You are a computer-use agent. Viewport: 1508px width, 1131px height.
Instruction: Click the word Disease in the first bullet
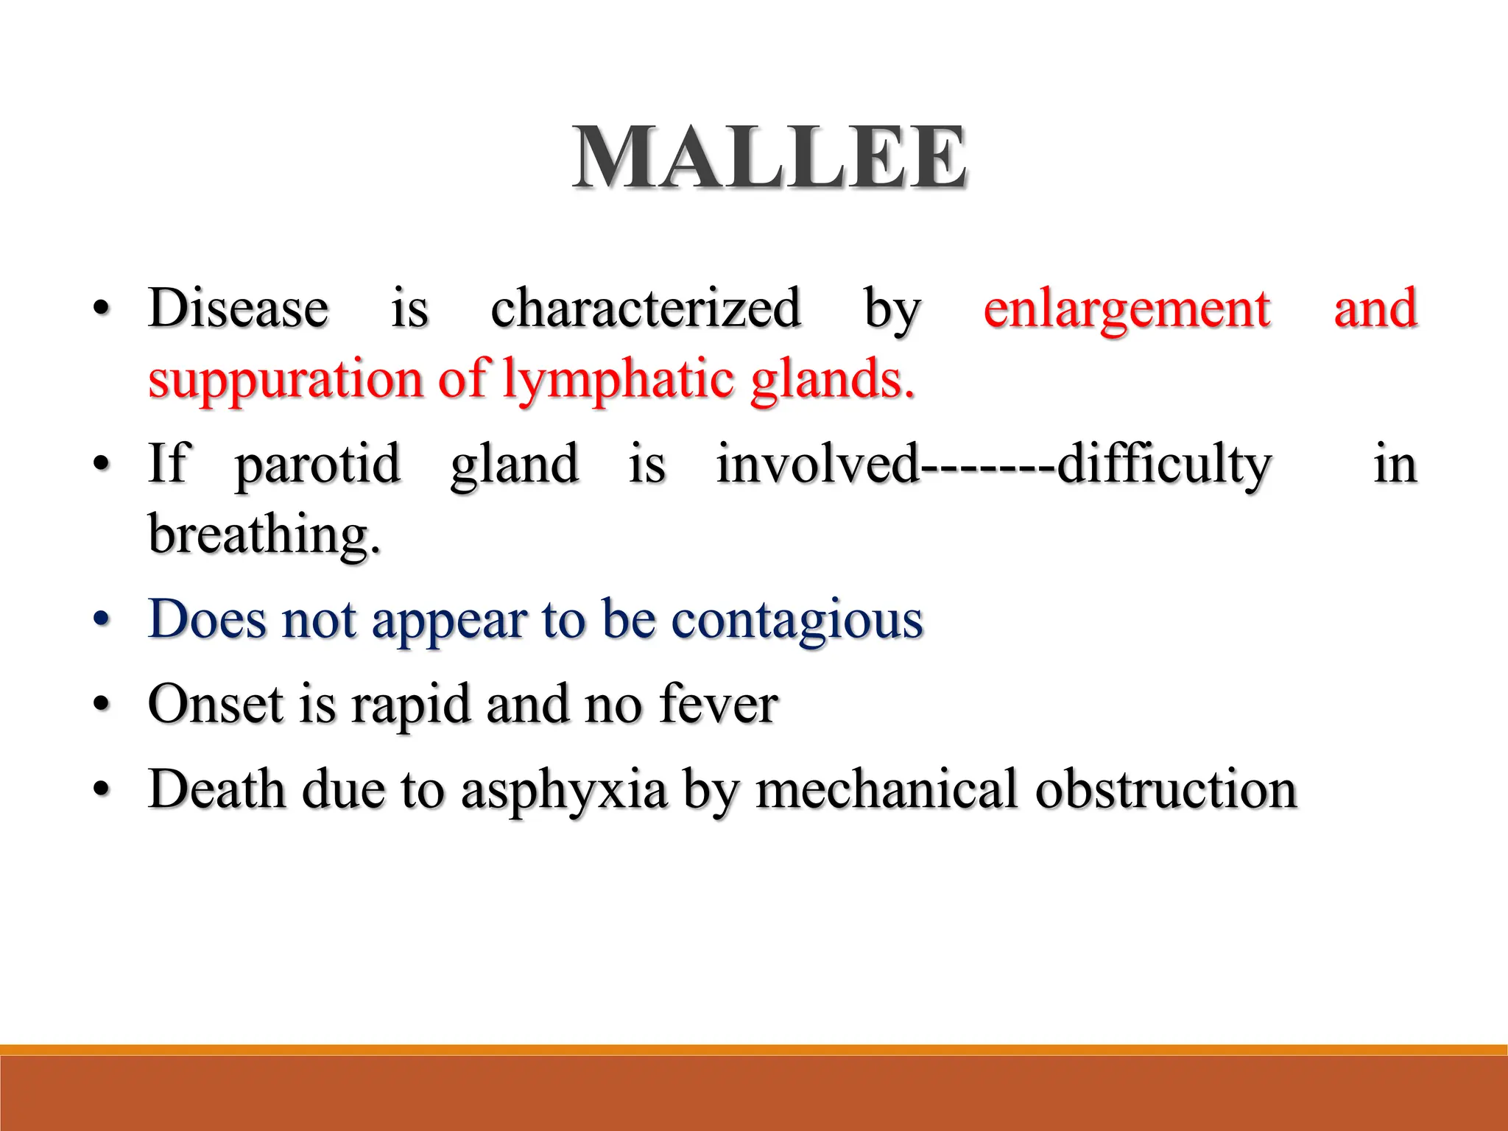pos(238,308)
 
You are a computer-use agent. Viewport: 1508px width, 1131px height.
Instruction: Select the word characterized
pos(645,308)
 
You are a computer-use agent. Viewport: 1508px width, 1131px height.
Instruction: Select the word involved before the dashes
pos(818,464)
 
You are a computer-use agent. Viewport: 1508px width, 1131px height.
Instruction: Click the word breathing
pos(264,535)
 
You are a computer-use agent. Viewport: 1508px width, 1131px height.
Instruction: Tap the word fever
pos(719,704)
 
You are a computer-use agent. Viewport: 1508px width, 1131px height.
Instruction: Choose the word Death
pos(216,789)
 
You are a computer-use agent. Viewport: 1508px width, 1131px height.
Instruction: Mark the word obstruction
pos(1166,789)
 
